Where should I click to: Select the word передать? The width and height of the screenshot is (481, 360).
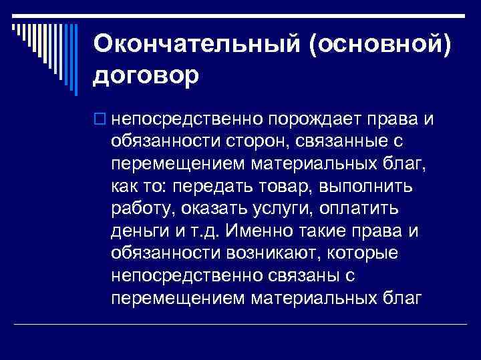pyautogui.click(x=229, y=187)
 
